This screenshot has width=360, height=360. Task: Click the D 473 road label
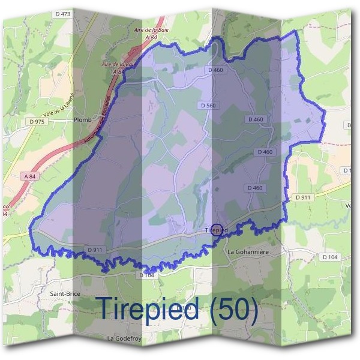[x=62, y=13]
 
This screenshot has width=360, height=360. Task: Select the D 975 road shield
[x=37, y=122]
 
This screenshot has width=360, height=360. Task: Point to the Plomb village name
[x=82, y=120]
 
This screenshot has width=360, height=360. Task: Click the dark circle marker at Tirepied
[x=217, y=229]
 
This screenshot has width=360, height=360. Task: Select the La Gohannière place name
[x=247, y=252]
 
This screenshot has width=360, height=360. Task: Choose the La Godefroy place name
[x=124, y=338]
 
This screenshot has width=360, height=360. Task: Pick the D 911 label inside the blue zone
[x=95, y=249]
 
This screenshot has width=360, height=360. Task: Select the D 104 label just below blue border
[x=147, y=275]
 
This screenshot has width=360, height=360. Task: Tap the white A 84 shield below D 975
[x=31, y=176]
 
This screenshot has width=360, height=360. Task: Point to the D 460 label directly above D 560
[x=215, y=70]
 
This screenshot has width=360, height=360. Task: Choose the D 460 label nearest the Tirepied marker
[x=254, y=188]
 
